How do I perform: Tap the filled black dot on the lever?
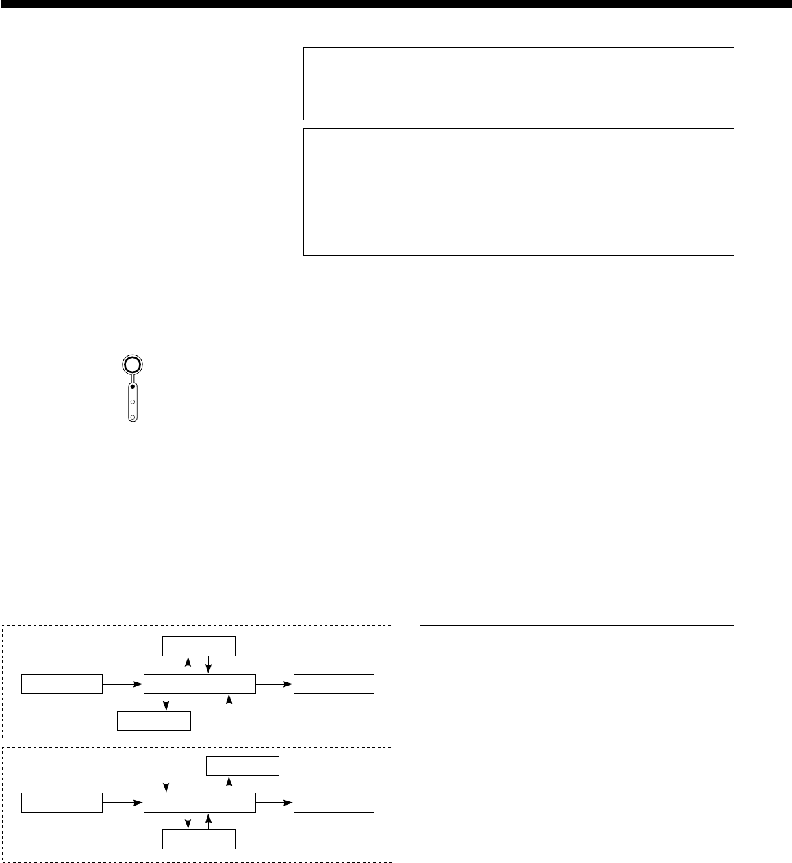(133, 387)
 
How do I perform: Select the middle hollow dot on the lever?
(133, 402)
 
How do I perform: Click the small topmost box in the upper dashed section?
(199, 646)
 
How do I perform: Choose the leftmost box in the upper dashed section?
(62, 684)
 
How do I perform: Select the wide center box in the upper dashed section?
(200, 684)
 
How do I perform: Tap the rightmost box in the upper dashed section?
(334, 684)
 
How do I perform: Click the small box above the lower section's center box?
(242, 766)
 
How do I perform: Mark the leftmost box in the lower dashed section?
(62, 803)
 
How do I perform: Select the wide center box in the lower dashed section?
(200, 803)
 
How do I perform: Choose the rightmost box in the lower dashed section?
(334, 803)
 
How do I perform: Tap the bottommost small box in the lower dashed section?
(199, 840)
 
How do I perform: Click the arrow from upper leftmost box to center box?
(123, 684)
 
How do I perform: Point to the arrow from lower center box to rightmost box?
(274, 803)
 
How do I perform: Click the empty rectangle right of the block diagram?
(576, 680)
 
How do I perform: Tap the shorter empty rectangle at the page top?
(518, 83)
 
